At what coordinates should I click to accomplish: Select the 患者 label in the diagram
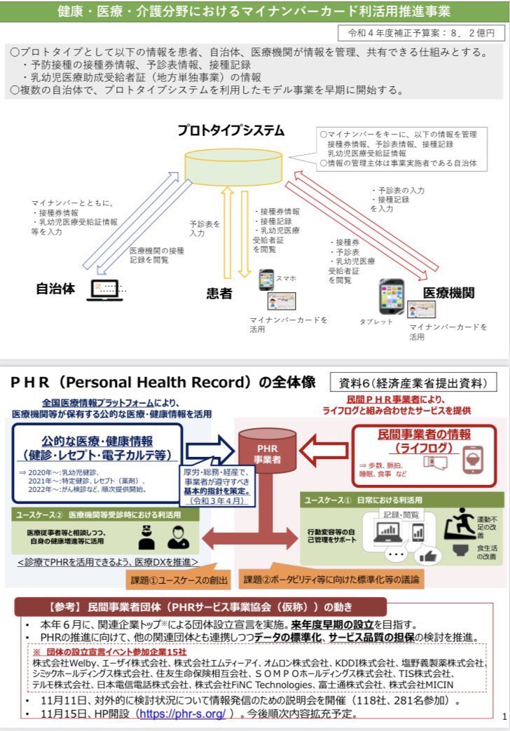219,293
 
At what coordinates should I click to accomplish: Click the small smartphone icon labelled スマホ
266,280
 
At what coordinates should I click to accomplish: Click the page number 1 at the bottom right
504,716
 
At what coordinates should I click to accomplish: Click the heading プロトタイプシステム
230,130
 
